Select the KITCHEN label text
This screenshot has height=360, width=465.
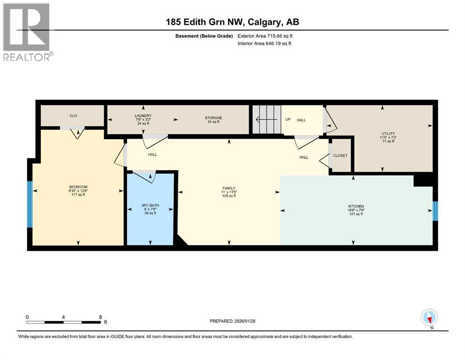[356, 206]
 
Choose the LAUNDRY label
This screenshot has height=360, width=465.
[143, 116]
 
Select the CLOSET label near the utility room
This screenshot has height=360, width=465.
[340, 156]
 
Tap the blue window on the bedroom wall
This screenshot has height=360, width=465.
[30, 204]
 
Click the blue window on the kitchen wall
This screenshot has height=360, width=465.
[435, 211]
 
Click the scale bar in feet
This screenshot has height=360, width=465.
[64, 322]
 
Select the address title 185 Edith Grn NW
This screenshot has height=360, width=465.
[232, 22]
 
